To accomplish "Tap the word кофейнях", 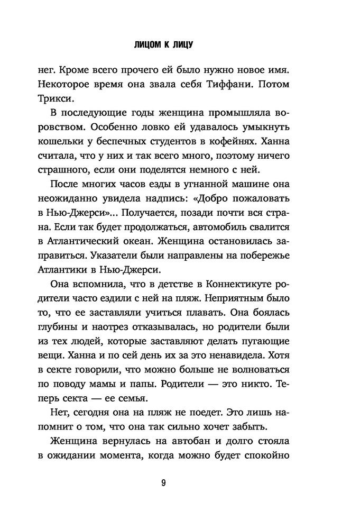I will click(x=250, y=143).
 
